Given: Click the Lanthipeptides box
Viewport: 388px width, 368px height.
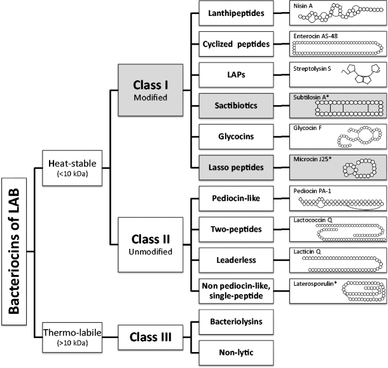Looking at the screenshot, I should pos(234,13).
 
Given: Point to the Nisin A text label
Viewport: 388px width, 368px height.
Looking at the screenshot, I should pos(304,5).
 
